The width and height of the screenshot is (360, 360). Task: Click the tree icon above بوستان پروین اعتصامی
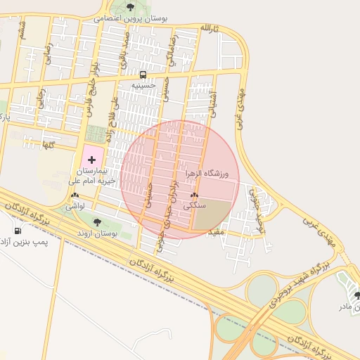[130, 7]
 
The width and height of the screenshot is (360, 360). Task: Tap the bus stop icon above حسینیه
[143, 75]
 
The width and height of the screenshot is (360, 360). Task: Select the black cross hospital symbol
[91, 160]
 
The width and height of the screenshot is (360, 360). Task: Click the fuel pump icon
[17, 231]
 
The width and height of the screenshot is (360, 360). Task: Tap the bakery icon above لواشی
[74, 196]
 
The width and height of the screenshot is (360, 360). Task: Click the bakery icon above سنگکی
[194, 196]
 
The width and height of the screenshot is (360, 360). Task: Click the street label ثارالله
[210, 27]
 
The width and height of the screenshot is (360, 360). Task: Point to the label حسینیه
[147, 85]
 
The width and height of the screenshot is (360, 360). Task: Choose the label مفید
[216, 230]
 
